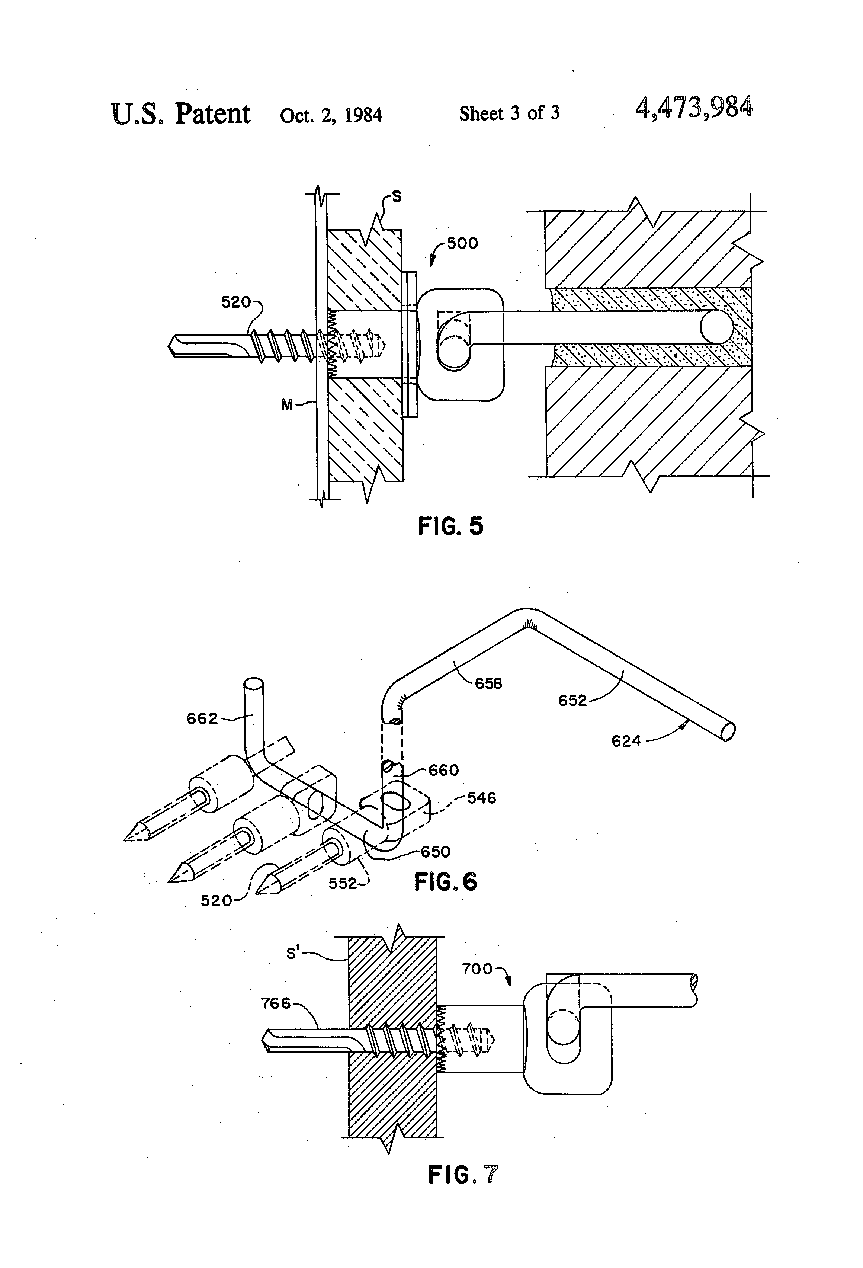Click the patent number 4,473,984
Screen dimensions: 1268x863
coord(694,108)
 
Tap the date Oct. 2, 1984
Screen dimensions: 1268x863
coord(331,115)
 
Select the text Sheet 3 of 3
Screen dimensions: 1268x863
coord(509,113)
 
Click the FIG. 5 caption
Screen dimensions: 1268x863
coord(450,526)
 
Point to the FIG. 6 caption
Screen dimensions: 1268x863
coord(445,882)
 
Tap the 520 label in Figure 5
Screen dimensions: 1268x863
coord(236,302)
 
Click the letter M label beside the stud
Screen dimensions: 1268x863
coord(287,404)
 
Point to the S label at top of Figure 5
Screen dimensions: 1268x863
coord(397,197)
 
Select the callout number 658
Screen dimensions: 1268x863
coord(488,683)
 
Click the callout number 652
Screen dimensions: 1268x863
coord(572,701)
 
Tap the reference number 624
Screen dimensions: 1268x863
coord(626,741)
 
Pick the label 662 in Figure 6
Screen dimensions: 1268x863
coord(202,718)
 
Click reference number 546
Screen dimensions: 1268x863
coord(482,798)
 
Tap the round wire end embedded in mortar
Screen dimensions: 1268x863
coord(716,328)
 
